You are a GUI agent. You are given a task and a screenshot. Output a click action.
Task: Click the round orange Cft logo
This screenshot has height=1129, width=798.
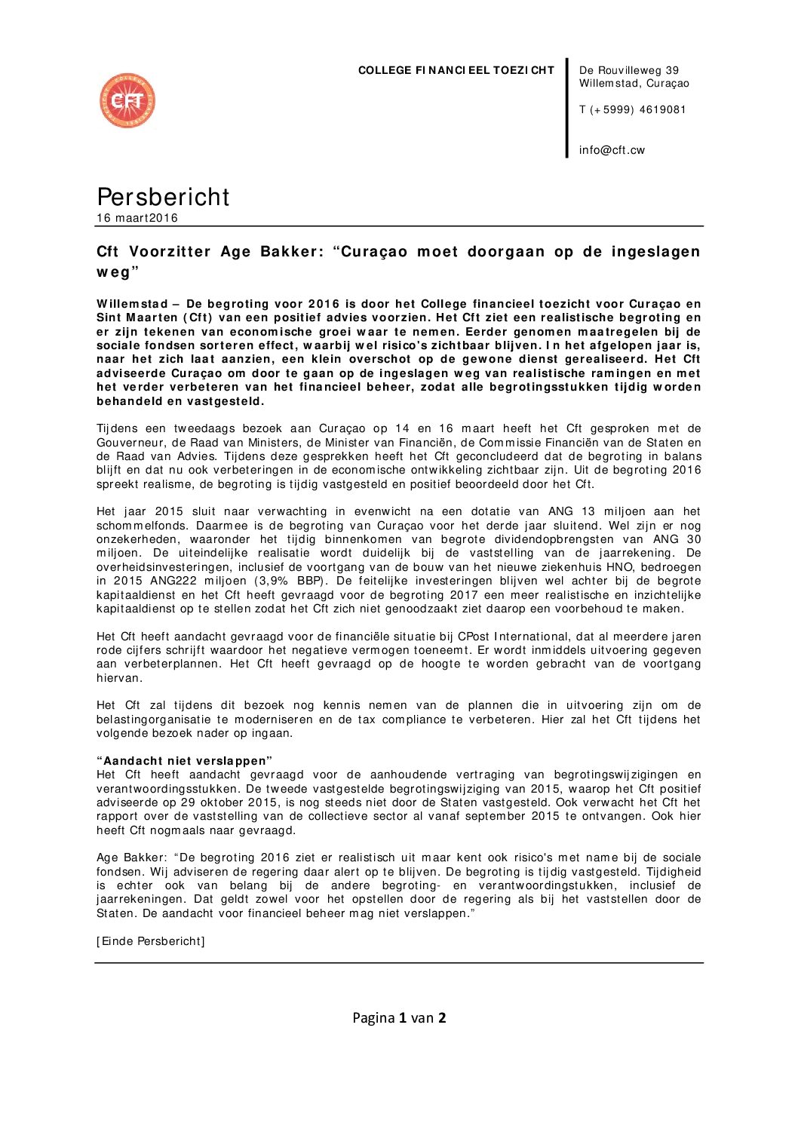[127, 100]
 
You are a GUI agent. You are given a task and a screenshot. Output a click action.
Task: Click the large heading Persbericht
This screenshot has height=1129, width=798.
[163, 196]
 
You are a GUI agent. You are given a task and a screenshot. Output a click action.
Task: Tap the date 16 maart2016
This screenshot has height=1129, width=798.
[137, 218]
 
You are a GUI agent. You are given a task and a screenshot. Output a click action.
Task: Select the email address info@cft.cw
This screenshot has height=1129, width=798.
[612, 150]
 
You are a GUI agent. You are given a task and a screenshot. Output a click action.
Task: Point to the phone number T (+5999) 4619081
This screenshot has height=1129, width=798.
[632, 109]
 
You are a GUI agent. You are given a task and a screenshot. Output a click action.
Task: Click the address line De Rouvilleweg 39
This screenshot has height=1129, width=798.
[629, 70]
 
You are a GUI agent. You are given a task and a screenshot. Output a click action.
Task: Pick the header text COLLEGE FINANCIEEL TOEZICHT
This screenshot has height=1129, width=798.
[456, 70]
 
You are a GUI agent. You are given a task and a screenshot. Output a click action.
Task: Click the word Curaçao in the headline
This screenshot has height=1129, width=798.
[375, 252]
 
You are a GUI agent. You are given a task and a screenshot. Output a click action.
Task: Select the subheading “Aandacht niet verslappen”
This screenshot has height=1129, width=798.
[184, 761]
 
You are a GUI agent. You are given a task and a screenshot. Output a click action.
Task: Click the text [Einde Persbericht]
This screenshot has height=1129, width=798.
[151, 941]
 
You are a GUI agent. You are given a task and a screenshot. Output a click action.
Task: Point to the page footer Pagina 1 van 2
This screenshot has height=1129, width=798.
[399, 1018]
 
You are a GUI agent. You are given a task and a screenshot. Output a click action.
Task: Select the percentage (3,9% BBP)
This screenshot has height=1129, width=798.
[290, 581]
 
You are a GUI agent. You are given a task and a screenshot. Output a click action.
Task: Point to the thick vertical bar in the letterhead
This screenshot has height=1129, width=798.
[567, 107]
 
